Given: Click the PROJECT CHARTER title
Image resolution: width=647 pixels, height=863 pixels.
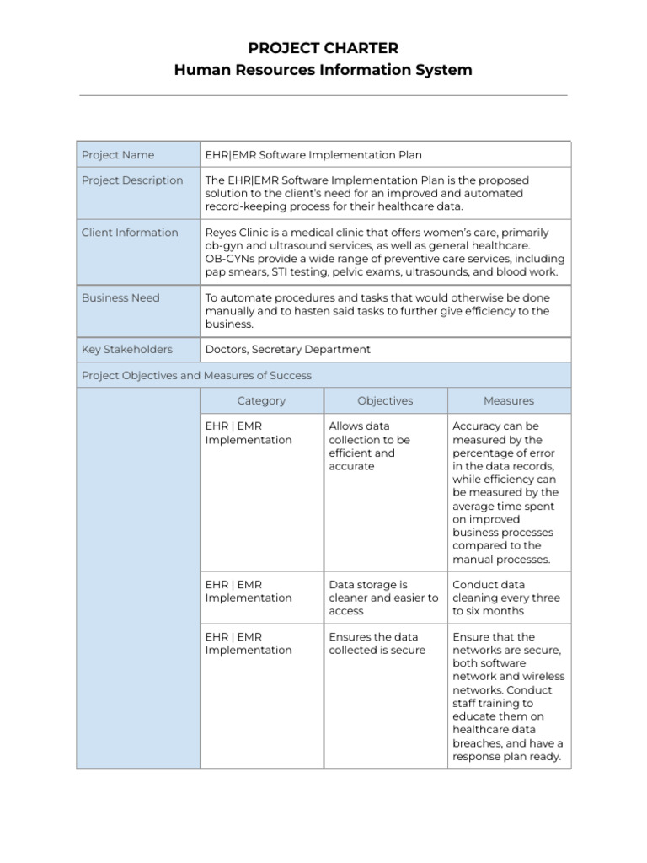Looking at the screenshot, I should pyautogui.click(x=323, y=48).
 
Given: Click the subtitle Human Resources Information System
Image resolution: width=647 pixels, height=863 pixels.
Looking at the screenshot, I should pyautogui.click(x=323, y=70).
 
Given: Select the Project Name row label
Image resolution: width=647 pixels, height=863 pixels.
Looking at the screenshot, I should pyautogui.click(x=118, y=155).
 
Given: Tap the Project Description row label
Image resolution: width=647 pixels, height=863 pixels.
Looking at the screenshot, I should pyautogui.click(x=132, y=180).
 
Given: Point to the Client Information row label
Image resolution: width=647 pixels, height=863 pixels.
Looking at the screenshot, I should pyautogui.click(x=130, y=233).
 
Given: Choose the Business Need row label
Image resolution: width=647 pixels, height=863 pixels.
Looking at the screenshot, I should pyautogui.click(x=120, y=297).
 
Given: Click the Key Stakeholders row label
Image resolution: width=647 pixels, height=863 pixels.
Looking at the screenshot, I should pyautogui.click(x=127, y=350).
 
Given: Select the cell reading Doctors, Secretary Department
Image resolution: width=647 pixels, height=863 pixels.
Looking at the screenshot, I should pyautogui.click(x=287, y=350).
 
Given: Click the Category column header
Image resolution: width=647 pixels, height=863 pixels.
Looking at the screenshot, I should pyautogui.click(x=261, y=401).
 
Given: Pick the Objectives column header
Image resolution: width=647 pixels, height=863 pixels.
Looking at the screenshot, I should pyautogui.click(x=385, y=401).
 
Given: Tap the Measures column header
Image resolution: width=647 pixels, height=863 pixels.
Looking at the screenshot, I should pyautogui.click(x=509, y=401).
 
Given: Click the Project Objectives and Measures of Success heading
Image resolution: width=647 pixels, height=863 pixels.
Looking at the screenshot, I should pyautogui.click(x=196, y=376).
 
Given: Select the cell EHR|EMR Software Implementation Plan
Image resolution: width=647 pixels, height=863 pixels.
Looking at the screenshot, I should pyautogui.click(x=313, y=155).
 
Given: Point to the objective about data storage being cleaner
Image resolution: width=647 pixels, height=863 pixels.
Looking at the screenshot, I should pyautogui.click(x=383, y=598).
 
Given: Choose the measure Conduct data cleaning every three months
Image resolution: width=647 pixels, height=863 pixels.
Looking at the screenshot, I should pyautogui.click(x=505, y=598).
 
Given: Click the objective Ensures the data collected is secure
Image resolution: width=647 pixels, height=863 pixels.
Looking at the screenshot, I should pyautogui.click(x=377, y=644).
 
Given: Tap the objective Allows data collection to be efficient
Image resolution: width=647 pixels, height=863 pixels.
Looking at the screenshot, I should pyautogui.click(x=370, y=446).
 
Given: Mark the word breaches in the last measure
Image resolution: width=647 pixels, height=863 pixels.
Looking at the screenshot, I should pyautogui.click(x=480, y=743).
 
